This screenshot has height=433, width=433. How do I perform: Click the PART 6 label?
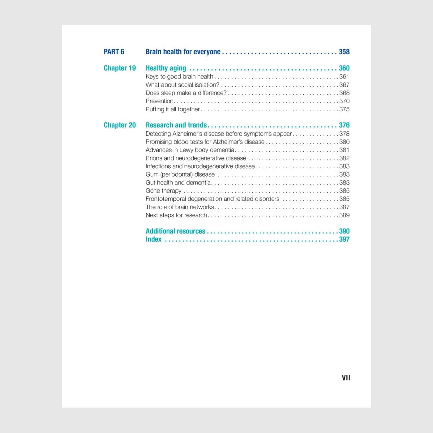pos(114,52)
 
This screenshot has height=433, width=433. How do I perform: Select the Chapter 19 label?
pos(120,68)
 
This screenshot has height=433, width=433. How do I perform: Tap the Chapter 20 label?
pos(120,125)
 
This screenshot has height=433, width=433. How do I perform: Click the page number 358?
pos(344,52)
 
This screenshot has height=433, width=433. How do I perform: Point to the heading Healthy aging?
pos(166,68)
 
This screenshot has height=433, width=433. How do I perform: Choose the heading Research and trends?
pos(176,125)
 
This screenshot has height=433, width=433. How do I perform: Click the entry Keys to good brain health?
pos(179,77)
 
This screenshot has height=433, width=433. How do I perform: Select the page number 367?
pos(344,85)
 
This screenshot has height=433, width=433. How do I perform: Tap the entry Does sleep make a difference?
pos(186,93)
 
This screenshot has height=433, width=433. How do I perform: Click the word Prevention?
pos(160,101)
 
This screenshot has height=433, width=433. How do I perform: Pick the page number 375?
pos(344,109)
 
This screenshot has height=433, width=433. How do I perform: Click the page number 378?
pos(344,134)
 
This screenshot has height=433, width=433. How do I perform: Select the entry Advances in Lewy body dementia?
pos(190,150)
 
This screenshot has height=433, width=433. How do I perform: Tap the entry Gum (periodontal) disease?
pos(180,174)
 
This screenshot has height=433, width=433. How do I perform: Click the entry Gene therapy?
pos(163,191)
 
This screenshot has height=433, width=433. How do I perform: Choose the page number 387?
pos(344,207)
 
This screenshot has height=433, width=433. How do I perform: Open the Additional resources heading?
pos(175,231)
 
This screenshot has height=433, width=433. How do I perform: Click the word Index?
pos(153,239)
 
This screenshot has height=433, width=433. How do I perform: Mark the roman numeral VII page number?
pos(346,378)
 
